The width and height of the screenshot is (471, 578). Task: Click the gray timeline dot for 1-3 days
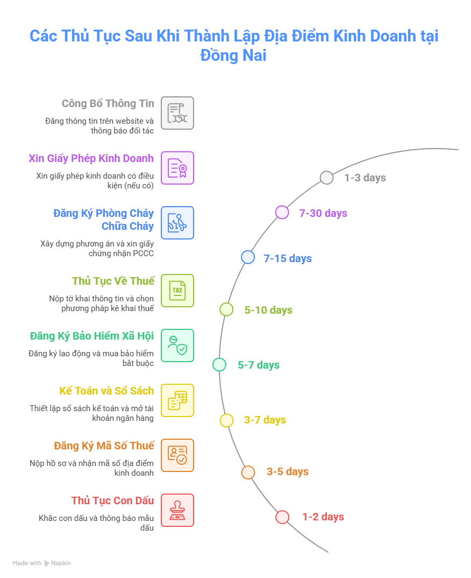[327, 178]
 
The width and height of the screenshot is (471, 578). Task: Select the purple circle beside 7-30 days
[282, 213]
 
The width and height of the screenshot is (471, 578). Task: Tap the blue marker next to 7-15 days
[248, 257]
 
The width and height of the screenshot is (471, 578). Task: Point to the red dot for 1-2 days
[282, 517]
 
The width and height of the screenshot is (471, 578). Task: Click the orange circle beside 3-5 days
[248, 472]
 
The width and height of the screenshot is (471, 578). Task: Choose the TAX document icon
[177, 291]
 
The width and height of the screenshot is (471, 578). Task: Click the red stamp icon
[177, 510]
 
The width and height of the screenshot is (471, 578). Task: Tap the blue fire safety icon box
[177, 223]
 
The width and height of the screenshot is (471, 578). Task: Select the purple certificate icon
[177, 168]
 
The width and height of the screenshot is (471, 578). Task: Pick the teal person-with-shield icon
[177, 346]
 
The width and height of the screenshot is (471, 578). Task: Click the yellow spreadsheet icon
[177, 400]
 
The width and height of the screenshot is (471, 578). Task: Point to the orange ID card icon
[177, 455]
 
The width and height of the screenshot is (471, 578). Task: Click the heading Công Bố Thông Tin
[108, 103]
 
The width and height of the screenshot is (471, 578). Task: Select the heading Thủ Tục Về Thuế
[113, 281]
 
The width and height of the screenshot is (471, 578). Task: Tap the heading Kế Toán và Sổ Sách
[106, 391]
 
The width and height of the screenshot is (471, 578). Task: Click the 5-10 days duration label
[268, 310]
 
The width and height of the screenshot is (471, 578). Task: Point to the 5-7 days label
[259, 365]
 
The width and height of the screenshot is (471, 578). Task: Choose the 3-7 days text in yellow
[265, 420]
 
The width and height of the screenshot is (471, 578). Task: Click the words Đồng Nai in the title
[233, 55]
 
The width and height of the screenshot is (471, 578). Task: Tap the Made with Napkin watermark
[41, 563]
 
